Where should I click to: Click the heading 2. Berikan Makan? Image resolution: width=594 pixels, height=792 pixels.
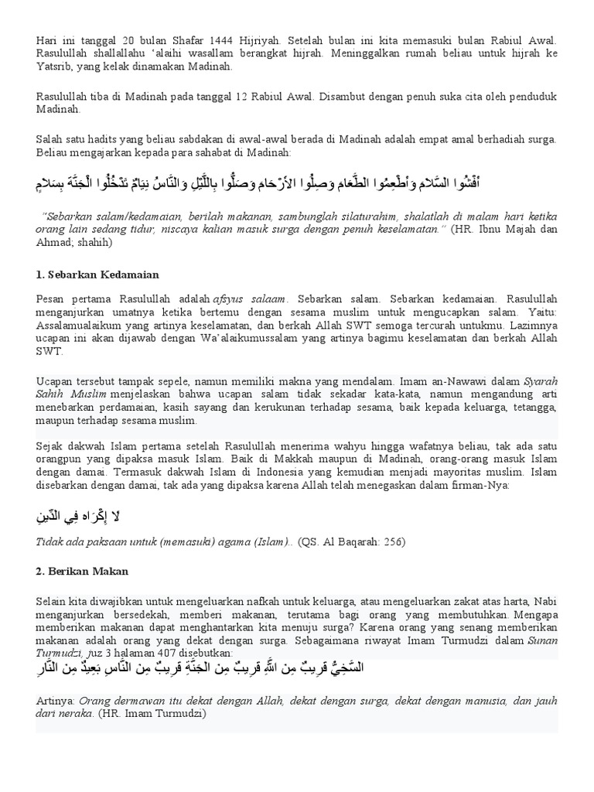[x=82, y=571]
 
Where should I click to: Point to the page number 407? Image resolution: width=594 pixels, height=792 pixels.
[x=165, y=652]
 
